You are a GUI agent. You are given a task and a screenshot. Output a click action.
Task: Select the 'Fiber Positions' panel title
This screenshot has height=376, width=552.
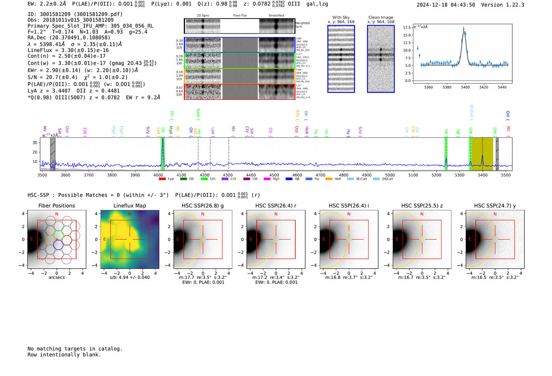56,206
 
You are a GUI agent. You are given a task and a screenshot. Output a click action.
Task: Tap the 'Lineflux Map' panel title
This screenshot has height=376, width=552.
130,206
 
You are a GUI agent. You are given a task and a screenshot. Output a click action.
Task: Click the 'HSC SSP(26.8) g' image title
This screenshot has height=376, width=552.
203,206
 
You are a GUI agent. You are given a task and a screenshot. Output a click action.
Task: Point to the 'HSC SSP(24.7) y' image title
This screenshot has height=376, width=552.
495,206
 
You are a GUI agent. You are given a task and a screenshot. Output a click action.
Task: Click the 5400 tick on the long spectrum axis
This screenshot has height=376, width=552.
483,175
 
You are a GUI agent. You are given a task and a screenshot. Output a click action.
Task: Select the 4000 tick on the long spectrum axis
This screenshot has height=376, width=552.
158,175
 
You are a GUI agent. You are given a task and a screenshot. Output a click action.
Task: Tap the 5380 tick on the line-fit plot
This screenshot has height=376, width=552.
447,87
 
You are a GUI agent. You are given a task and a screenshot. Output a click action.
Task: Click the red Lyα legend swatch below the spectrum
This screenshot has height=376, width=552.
162,179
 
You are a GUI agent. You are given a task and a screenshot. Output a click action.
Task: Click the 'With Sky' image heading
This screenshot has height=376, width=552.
341,17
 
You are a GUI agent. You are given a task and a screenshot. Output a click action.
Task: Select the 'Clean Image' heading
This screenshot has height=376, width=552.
381,17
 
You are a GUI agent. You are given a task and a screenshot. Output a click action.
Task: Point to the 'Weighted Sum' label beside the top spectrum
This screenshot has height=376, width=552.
302,24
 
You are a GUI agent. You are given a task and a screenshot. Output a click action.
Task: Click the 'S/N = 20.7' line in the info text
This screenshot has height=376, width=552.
78,77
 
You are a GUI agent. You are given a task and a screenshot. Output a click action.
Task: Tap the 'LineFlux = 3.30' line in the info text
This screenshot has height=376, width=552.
68,50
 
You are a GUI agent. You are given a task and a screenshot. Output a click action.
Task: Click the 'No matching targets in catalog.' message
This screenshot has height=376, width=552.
75,349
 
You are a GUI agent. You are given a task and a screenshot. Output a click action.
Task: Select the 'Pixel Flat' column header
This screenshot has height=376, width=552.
240,16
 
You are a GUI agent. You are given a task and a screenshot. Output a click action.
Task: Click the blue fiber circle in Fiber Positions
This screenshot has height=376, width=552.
58,245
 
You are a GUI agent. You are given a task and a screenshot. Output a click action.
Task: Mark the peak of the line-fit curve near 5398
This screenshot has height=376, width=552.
464,30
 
